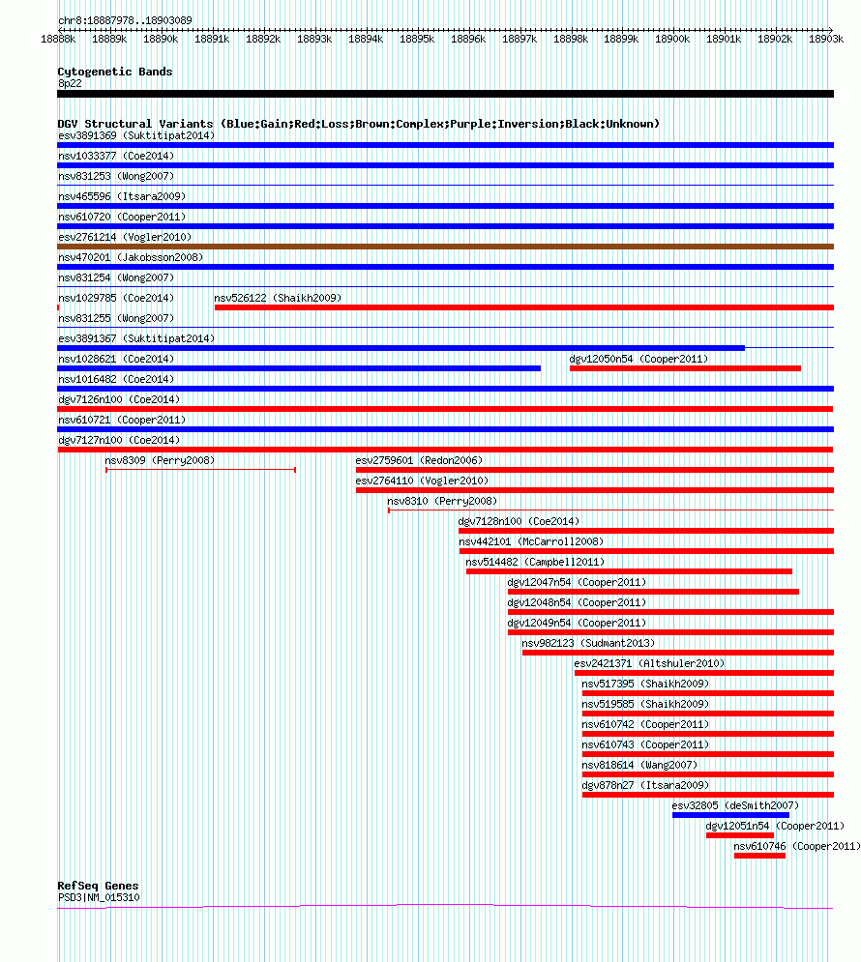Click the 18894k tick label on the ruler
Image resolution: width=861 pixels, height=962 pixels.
(366, 40)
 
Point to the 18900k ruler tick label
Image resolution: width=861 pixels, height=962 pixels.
(672, 40)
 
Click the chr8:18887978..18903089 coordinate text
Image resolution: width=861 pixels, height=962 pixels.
(125, 20)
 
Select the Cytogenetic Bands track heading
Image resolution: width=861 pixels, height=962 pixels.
(115, 72)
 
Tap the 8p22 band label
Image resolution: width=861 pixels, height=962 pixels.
(70, 83)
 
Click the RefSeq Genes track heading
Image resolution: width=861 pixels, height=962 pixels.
(98, 886)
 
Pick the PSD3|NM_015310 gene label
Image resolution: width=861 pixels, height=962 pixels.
(99, 897)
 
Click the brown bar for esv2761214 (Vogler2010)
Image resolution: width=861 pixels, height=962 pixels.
(446, 247)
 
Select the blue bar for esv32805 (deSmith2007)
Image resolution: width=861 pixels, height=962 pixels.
(731, 815)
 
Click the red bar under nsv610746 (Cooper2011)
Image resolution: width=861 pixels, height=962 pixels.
(759, 856)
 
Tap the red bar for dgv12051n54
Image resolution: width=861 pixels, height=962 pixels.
(740, 835)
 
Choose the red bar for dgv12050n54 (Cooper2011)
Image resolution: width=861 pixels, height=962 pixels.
(686, 368)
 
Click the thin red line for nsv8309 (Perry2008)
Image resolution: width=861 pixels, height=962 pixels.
(200, 470)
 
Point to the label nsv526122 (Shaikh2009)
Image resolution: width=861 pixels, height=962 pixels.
(278, 298)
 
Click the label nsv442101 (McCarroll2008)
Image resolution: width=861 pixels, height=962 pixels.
(531, 541)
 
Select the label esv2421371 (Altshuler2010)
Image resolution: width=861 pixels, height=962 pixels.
(649, 663)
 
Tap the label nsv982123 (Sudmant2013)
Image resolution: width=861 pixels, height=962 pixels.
(588, 643)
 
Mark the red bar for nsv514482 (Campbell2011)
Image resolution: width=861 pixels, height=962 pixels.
(629, 571)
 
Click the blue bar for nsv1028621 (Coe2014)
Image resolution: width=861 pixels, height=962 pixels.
(299, 368)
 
